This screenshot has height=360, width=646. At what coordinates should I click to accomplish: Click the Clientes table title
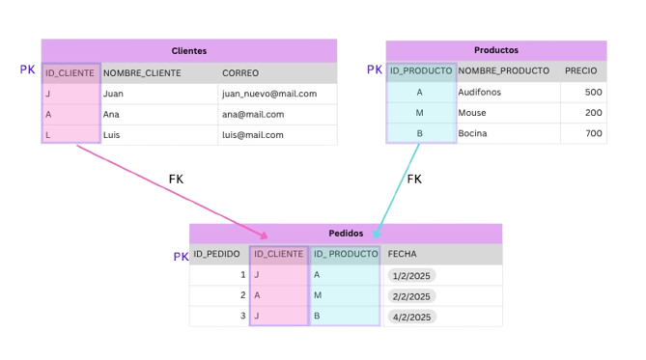point(188,51)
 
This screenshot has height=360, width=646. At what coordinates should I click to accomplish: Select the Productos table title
point(496,50)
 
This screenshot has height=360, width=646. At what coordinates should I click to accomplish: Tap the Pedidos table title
point(346,234)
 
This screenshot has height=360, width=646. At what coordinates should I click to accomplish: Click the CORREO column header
point(240,73)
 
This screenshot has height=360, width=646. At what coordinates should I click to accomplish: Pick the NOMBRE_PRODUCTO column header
point(503,70)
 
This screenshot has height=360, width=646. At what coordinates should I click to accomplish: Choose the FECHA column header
point(403,255)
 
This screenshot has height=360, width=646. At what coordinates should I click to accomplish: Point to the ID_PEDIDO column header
point(216,255)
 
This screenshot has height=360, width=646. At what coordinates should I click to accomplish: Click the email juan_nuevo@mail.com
point(269,94)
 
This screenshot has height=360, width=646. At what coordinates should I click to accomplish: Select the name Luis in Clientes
point(112,135)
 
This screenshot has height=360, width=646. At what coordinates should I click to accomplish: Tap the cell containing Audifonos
point(479,92)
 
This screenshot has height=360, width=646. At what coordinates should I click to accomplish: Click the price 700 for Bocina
point(593,133)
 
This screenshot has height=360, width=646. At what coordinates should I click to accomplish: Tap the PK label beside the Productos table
point(375,69)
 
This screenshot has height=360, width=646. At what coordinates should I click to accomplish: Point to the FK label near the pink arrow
point(176,179)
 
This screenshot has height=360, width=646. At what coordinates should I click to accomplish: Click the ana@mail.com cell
point(253,114)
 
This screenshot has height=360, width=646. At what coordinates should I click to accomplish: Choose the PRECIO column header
point(580,70)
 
